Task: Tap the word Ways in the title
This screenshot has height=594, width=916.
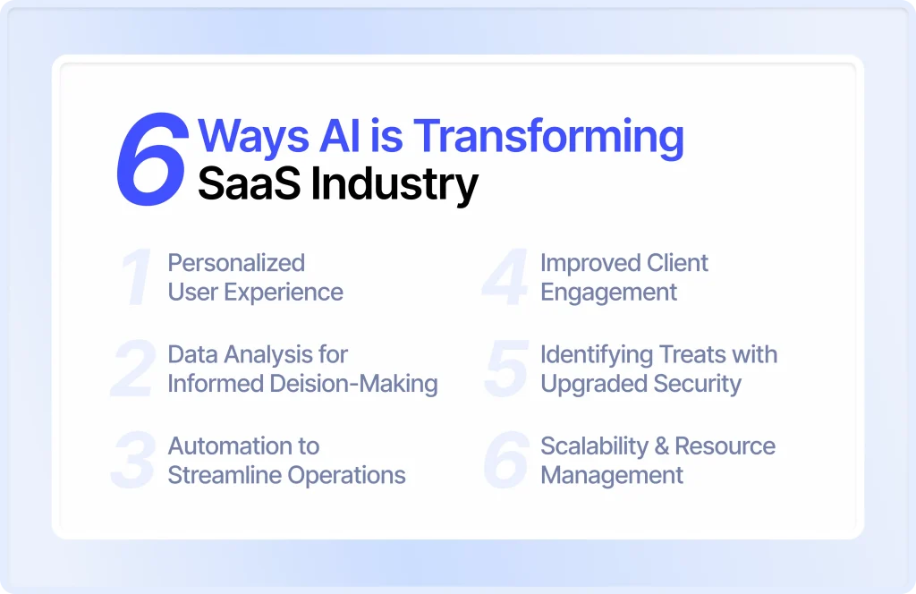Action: pos(253,138)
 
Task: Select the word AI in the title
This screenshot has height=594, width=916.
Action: pos(340,135)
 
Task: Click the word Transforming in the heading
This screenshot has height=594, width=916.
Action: pos(548,138)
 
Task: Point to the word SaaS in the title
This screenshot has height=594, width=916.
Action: pos(250,183)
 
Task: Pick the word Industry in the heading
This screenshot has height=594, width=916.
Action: pos(394,185)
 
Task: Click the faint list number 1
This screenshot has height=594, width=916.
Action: pos(137,276)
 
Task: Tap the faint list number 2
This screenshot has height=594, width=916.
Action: pos(134,369)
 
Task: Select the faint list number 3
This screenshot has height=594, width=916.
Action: pos(133,460)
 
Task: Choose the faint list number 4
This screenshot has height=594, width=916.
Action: pos(505,276)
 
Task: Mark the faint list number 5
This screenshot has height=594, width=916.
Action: pos(506,369)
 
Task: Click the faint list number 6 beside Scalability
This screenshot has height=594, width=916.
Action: pos(506,460)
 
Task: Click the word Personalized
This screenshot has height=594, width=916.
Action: pos(236,263)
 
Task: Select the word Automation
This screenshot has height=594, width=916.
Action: pos(226,446)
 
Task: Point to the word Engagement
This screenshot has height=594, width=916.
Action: pos(608,293)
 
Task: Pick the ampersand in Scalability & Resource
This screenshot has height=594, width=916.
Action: pos(661,446)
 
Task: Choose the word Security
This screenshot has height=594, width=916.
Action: pos(698,385)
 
